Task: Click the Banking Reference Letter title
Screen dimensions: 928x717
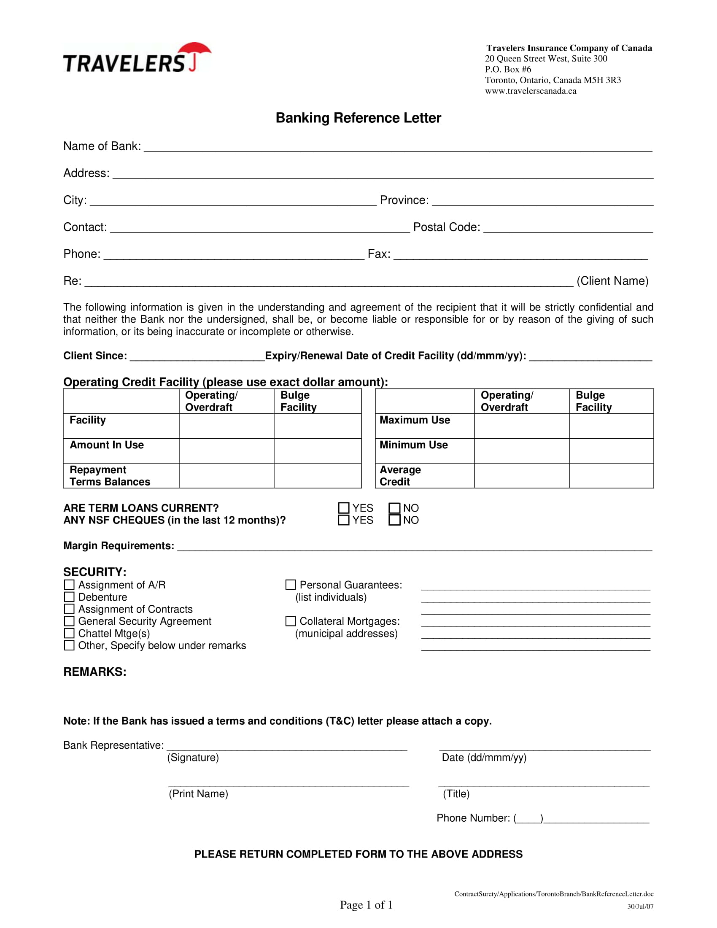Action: [358, 118]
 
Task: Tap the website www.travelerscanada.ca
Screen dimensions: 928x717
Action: [531, 91]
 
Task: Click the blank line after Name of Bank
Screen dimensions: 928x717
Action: [398, 147]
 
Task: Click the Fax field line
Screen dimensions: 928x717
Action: [520, 255]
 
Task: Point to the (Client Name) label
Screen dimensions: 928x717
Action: [612, 281]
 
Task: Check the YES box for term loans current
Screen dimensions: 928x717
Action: [344, 508]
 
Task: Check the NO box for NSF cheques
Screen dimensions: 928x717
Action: [394, 520]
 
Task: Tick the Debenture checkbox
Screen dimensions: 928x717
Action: [69, 597]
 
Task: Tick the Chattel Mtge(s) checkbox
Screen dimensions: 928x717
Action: [69, 633]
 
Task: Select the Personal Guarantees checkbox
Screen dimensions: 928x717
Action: [291, 585]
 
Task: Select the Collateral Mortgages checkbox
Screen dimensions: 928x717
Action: [291, 621]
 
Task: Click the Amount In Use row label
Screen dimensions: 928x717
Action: [107, 445]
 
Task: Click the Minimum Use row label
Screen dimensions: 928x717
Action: [413, 445]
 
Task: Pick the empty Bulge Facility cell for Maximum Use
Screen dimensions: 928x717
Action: [611, 426]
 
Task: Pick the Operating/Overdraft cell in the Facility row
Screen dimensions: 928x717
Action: [226, 426]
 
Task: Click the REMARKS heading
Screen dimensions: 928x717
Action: [95, 672]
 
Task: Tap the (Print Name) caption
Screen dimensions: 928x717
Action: [198, 794]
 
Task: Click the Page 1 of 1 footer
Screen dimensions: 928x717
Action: [366, 905]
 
